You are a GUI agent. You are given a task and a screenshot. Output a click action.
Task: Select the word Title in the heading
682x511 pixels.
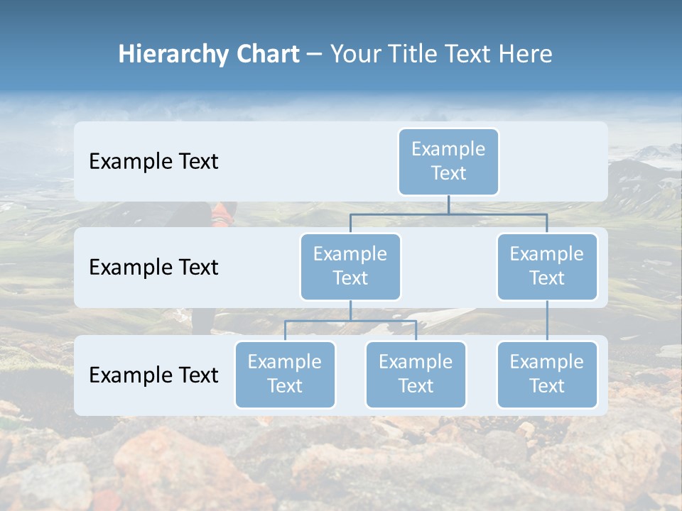coord(405,55)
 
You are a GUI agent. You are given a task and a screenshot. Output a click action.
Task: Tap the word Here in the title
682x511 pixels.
coord(525,55)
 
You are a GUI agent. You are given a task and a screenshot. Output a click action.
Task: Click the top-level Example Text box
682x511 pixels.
coord(448,161)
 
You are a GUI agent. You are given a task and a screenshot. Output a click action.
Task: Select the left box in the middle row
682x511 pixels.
coord(350,266)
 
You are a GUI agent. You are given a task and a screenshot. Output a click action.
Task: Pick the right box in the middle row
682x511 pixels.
coord(547,266)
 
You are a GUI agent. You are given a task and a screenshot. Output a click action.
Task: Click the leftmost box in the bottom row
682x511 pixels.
coord(285,374)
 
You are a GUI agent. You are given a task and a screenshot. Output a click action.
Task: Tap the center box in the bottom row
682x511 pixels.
coord(416,374)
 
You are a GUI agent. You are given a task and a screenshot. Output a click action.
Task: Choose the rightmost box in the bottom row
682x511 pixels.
coord(547,374)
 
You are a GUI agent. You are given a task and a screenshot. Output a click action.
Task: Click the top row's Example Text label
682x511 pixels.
coord(153,162)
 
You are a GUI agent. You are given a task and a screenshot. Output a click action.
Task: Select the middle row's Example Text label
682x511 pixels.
coord(153,268)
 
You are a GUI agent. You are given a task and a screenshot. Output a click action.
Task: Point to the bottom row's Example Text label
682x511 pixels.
coord(153,375)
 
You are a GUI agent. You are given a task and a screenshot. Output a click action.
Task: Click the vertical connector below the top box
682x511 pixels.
coord(448,204)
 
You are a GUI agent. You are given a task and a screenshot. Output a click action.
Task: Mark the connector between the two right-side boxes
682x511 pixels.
coord(547,321)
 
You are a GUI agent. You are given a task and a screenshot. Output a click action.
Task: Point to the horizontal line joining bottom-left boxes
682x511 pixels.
coord(350,321)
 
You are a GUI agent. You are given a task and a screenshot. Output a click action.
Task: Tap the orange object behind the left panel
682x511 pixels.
coord(224,211)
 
